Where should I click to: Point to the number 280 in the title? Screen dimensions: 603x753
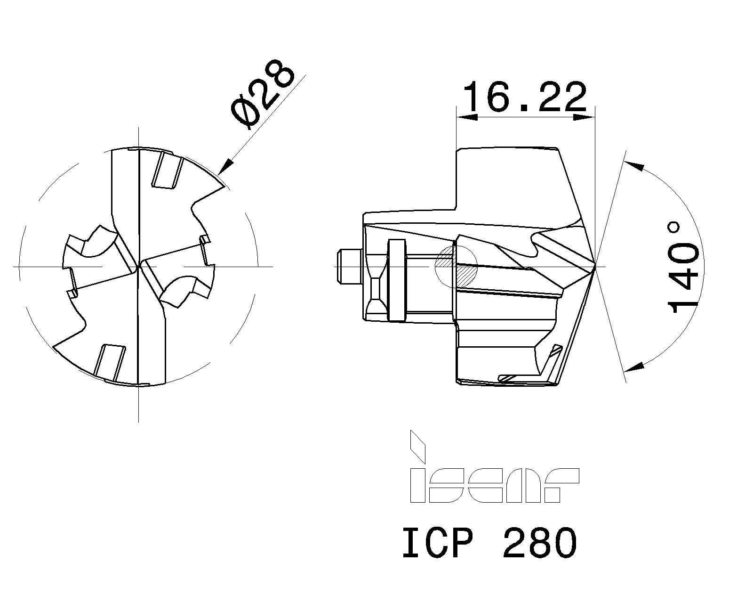coord(539,543)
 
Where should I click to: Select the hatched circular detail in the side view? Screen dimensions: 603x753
coord(457,266)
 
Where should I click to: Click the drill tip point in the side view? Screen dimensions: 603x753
coord(595,267)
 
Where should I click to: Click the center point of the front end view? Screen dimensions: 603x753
coord(138,267)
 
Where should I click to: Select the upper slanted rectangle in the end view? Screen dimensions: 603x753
coord(167,170)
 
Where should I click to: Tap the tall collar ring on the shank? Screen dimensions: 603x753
coord(396,280)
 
